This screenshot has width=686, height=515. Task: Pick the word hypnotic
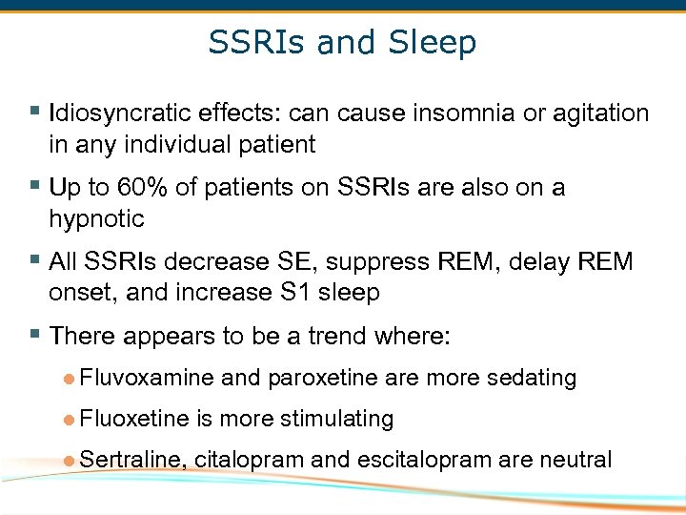pyautogui.click(x=96, y=219)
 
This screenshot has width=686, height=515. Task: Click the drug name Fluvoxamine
pyautogui.click(x=148, y=379)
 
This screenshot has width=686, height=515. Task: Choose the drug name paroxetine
pyautogui.click(x=323, y=379)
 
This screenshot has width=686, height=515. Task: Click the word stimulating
pyautogui.click(x=335, y=419)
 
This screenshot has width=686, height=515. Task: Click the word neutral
pyautogui.click(x=575, y=460)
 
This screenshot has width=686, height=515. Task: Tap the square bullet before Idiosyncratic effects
pyautogui.click(x=35, y=112)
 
